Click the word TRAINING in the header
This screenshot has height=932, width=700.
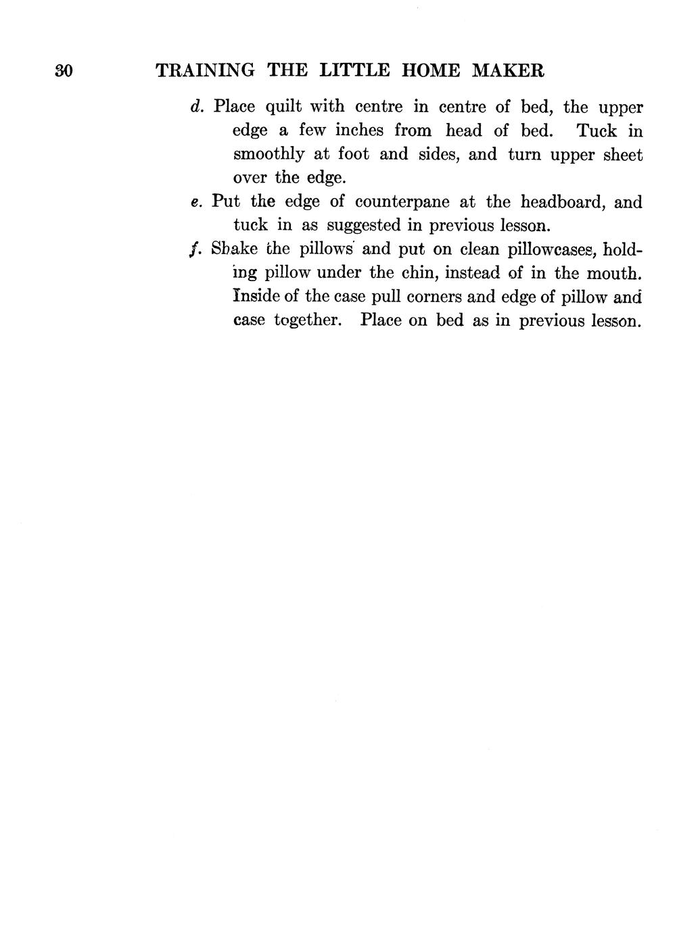pos(205,70)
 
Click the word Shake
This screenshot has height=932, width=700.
pos(234,249)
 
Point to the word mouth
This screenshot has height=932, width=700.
pos(611,273)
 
